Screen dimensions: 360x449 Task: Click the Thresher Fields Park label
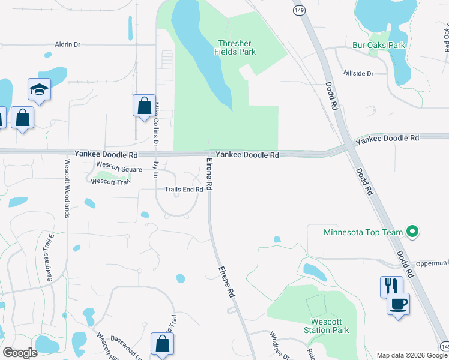[x=235, y=47]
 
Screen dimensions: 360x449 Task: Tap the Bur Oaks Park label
[x=379, y=45]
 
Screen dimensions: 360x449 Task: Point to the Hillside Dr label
[x=358, y=73]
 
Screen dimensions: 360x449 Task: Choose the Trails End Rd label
[x=184, y=190]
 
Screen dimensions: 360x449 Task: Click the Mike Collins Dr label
[x=158, y=124]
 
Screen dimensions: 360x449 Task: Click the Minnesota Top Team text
[x=363, y=232]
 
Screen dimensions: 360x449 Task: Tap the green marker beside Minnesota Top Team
[x=412, y=231]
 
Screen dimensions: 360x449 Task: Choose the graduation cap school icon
[x=39, y=90]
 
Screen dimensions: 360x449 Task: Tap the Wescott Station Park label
[x=330, y=326]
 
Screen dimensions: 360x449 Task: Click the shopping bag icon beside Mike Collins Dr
[x=144, y=106]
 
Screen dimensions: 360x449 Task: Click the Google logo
[x=20, y=353]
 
